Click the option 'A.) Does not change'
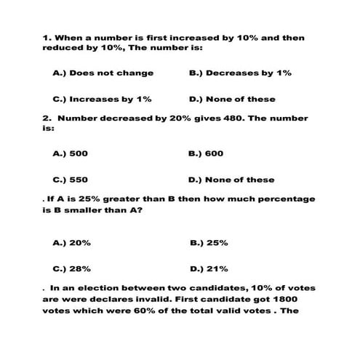(x=103, y=73)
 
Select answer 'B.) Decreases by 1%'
(x=239, y=73)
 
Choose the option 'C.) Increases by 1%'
(x=102, y=99)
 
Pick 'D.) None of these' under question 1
(x=231, y=99)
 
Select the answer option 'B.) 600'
(x=205, y=153)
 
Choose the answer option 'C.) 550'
(x=71, y=180)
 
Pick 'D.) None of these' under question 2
(x=231, y=180)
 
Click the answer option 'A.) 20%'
(x=71, y=242)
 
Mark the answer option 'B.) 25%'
(x=208, y=242)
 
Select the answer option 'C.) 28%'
(x=71, y=267)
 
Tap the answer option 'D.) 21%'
(x=208, y=267)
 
